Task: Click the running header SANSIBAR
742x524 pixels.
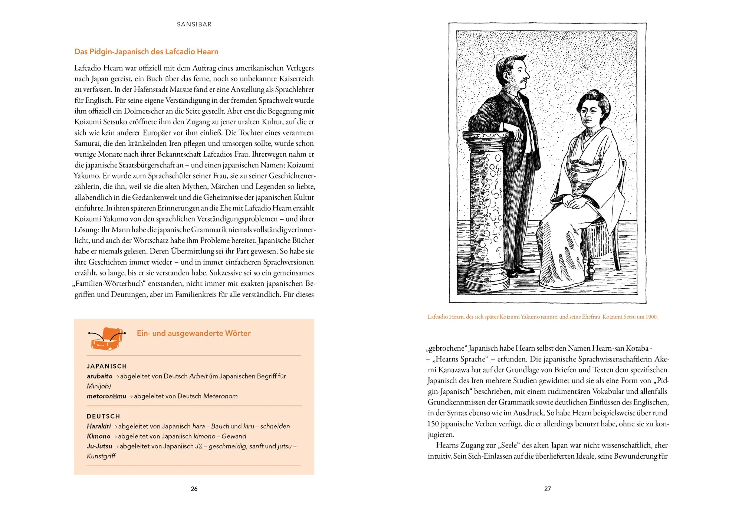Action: (x=194, y=24)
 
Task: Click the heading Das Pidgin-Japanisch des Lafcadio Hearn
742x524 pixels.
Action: (x=146, y=52)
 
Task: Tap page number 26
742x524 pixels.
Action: (x=194, y=489)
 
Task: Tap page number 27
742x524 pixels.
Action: (x=547, y=489)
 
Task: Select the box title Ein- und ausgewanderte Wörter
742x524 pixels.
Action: (x=194, y=333)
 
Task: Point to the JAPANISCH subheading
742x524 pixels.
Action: (x=107, y=366)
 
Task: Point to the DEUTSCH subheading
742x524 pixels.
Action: (x=104, y=416)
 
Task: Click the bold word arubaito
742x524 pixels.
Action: (x=99, y=376)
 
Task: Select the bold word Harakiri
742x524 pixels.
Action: (x=99, y=426)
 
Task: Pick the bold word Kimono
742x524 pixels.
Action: (x=99, y=436)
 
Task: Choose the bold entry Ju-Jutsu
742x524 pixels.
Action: (x=99, y=446)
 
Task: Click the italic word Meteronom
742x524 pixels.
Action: (x=220, y=396)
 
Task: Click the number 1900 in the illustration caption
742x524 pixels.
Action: (x=651, y=317)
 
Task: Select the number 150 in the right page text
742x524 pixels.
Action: (x=433, y=424)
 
